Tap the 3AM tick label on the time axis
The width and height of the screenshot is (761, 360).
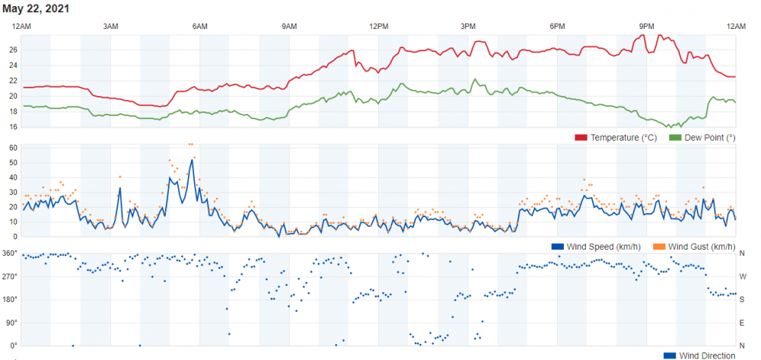coord(110,27)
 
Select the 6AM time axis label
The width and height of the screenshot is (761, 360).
coord(200,27)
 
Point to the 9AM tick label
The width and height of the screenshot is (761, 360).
coord(289,27)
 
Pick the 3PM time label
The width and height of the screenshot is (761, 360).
coord(468,27)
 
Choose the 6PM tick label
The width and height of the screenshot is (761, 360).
coord(557,27)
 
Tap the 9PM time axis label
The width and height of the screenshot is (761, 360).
coord(647,27)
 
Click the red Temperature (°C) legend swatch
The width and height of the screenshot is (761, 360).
coord(581,138)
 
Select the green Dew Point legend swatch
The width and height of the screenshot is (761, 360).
coord(675,138)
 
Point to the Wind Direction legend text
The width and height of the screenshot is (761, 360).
coord(708,355)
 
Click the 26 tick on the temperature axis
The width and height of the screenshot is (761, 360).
coord(14,49)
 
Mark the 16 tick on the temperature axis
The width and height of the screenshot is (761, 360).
coord(14,126)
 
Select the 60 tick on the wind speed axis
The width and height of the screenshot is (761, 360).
coord(14,148)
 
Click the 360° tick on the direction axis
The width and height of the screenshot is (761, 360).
coord(11,253)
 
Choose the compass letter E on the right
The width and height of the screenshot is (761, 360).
coord(743,323)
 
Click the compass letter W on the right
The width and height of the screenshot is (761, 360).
coord(743,276)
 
